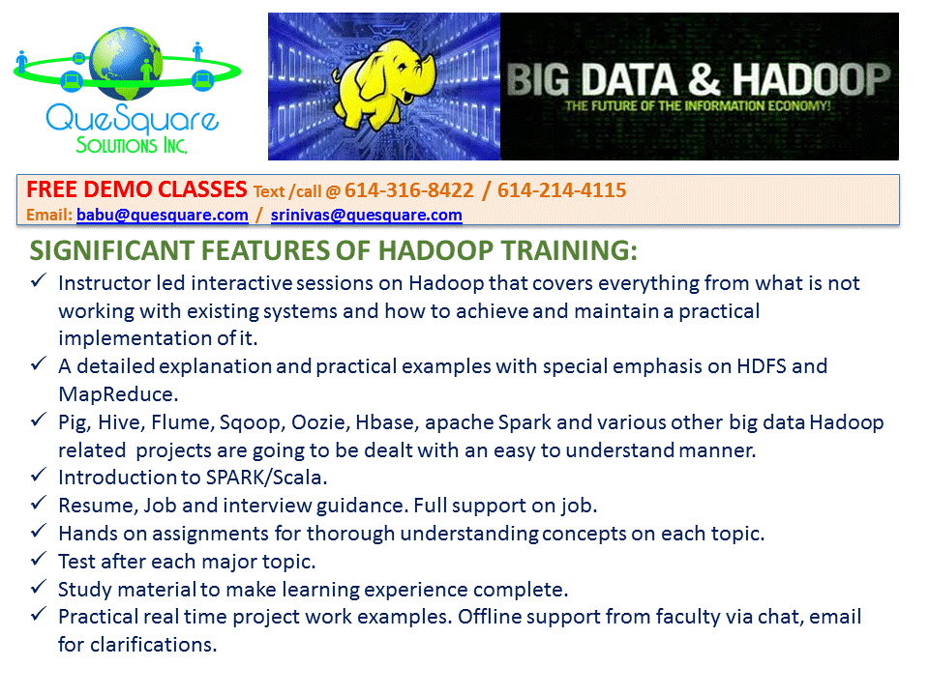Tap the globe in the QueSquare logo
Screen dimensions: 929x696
pos(126,63)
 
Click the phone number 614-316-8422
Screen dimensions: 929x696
pos(408,190)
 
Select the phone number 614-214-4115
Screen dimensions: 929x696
pos(561,190)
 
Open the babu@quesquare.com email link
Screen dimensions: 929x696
pos(163,215)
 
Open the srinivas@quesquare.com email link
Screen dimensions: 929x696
pos(366,215)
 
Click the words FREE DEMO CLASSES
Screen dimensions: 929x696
pos(136,189)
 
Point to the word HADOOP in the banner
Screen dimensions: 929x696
pos(811,79)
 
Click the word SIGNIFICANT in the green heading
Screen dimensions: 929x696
pos(111,250)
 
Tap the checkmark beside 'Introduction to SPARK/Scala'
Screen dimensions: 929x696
pos(39,474)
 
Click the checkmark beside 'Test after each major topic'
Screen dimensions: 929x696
pos(39,558)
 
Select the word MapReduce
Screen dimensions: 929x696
pos(118,394)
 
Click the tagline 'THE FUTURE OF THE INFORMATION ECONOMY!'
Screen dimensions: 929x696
pos(698,106)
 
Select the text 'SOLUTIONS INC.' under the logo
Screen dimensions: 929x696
pos(132,145)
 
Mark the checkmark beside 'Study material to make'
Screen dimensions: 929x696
pos(39,586)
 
